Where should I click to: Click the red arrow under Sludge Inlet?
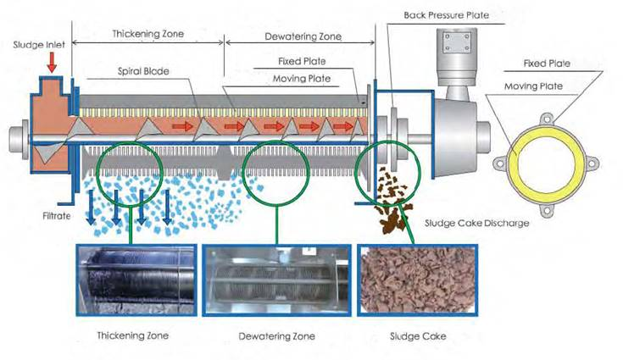pos(52,62)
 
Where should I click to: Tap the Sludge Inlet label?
pos(39,44)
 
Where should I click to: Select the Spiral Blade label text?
pos(143,71)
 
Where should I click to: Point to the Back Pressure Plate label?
pos(446,15)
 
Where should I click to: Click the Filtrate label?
pos(57,216)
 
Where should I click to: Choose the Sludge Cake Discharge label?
pos(476,223)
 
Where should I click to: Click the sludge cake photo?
pos(418,280)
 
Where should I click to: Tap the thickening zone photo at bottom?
pos(136,280)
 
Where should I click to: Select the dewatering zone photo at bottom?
pos(276,280)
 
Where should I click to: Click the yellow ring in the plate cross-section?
pos(513,163)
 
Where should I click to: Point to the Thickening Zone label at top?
pos(147,34)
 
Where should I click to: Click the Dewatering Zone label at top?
pos(303,37)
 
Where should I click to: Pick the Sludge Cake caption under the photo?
pos(418,336)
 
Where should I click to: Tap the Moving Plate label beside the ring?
pos(533,86)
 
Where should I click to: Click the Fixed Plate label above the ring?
pos(547,64)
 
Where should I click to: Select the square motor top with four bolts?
pos(457,42)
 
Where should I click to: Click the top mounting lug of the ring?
pos(547,119)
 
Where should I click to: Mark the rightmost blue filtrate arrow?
pos(167,207)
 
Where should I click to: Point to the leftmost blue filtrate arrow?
pos(91,207)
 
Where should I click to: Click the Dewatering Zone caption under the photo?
pos(276,336)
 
